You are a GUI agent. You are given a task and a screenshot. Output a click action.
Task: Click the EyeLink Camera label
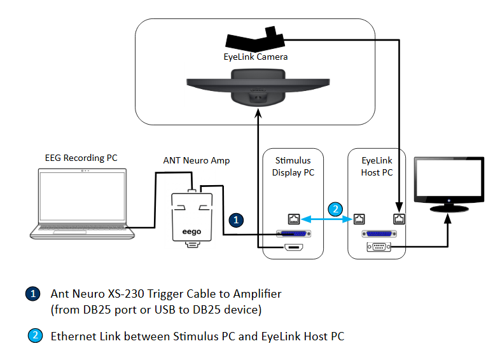tap(255, 57)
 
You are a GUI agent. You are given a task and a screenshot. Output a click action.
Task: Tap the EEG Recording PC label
tap(81, 158)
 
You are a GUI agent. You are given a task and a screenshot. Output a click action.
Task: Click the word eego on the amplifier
tap(191, 232)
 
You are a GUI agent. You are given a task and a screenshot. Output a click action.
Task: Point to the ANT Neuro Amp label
tap(197, 161)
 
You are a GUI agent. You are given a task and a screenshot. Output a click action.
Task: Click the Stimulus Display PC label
tap(293, 167)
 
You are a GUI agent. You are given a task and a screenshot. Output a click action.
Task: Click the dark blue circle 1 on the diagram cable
tap(237, 220)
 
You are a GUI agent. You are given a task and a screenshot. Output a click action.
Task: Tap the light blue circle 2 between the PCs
tap(336, 208)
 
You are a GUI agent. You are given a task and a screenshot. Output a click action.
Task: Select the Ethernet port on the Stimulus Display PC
tap(293, 219)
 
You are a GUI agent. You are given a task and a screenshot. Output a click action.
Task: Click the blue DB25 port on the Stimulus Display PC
tap(293, 233)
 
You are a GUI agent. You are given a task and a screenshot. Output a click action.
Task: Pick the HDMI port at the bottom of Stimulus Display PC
tap(293, 247)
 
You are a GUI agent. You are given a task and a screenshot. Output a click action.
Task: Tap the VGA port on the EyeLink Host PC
tap(379, 247)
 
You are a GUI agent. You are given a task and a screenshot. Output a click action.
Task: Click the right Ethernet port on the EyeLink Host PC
tap(399, 219)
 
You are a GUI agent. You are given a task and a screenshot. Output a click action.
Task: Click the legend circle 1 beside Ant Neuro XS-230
tap(32, 294)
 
